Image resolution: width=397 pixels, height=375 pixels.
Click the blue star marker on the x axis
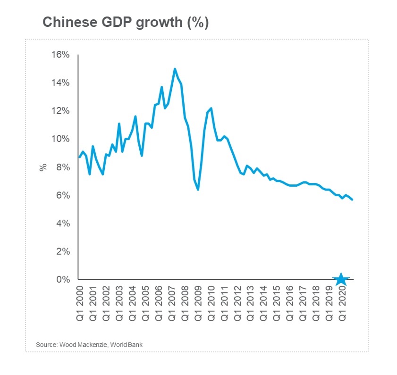pos(341,279)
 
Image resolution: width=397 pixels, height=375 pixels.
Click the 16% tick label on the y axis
pos(60,55)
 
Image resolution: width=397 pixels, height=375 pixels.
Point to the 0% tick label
pos(63,280)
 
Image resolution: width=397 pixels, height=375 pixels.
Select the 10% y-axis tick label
pos(60,139)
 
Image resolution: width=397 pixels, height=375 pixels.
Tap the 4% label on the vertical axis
pos(62,224)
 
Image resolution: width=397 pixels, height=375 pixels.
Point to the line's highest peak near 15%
pos(175,69)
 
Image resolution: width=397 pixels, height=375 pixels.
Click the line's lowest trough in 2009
pos(198,190)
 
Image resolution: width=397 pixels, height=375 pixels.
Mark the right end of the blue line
pos(353,200)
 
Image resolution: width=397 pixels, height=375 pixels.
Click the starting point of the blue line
pos(79,157)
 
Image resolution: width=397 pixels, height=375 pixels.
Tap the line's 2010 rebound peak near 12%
pos(211,108)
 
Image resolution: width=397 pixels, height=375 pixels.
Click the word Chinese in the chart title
pos(64,23)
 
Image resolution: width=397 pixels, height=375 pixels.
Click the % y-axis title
pos(43,167)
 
